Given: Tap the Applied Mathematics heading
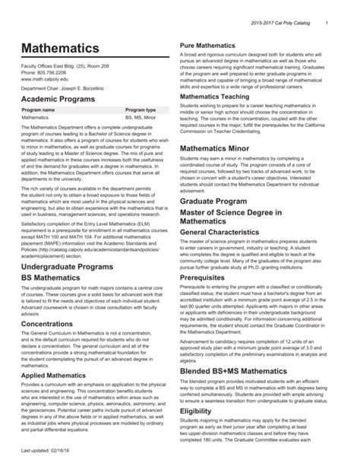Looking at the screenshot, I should pos(58,374).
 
